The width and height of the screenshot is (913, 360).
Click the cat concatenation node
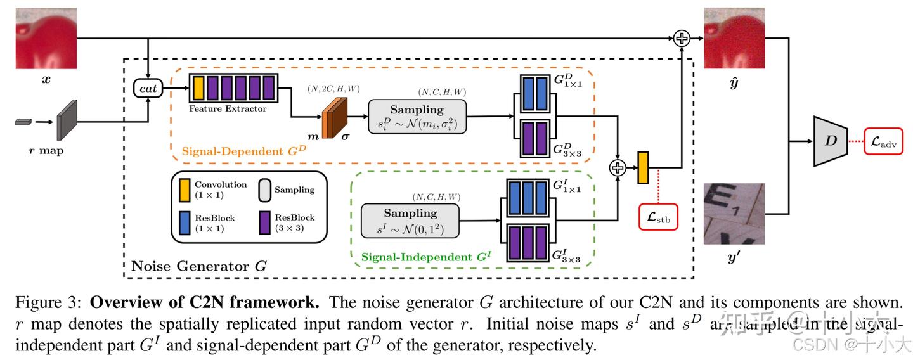click(x=148, y=89)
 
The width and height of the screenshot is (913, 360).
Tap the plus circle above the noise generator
click(x=682, y=39)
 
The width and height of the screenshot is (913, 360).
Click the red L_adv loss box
click(x=884, y=140)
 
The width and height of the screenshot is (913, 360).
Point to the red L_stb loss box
click(x=658, y=217)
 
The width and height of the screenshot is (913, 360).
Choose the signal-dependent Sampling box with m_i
click(x=417, y=116)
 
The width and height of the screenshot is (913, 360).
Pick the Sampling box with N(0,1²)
click(x=410, y=221)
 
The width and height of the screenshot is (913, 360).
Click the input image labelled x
click(x=46, y=38)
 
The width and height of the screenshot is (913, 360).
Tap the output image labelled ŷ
click(x=734, y=38)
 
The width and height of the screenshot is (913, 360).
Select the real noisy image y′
click(x=734, y=213)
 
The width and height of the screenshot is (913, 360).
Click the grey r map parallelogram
click(x=67, y=120)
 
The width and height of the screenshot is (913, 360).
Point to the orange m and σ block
click(x=335, y=119)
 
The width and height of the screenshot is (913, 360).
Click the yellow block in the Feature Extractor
click(x=198, y=87)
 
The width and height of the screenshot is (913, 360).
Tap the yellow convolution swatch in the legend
click(x=185, y=189)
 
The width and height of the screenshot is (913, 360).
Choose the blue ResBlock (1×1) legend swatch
click(x=185, y=222)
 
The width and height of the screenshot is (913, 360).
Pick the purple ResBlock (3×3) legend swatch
click(x=265, y=222)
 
